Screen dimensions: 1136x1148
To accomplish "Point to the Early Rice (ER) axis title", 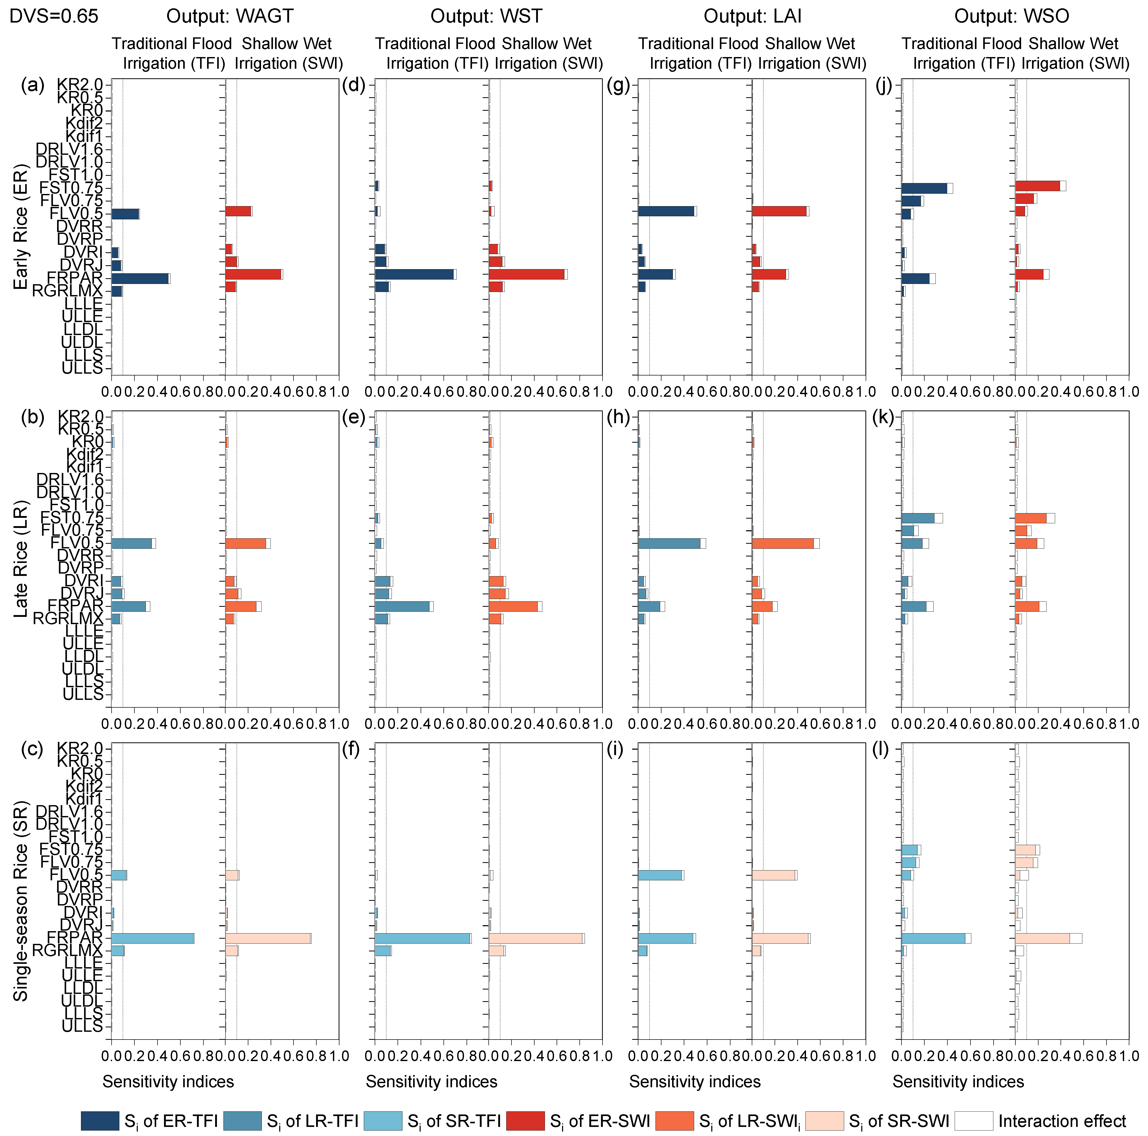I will [x=21, y=227].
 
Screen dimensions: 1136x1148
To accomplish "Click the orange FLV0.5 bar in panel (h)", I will [x=783, y=543].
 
